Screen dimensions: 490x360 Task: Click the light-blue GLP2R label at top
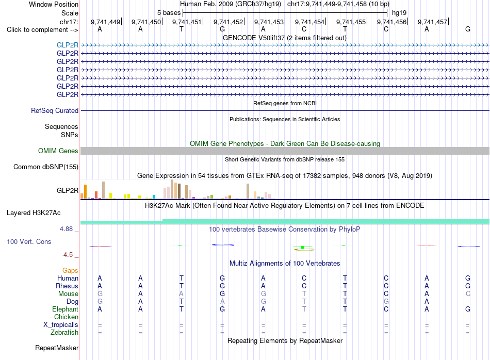coord(68,45)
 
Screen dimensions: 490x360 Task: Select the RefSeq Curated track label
coord(55,110)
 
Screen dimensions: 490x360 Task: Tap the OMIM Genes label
coord(58,151)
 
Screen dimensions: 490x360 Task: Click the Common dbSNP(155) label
coord(46,167)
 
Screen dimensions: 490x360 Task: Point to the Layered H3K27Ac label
coord(34,213)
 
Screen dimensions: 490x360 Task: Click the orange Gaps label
coord(70,270)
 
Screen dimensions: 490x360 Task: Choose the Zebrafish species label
coord(64,333)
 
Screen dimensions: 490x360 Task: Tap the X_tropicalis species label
coord(61,325)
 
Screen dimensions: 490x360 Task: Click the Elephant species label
coord(66,309)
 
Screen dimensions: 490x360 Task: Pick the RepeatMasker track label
coord(57,348)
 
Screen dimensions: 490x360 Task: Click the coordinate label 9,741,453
coord(269,22)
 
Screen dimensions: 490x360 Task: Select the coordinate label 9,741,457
coord(433,22)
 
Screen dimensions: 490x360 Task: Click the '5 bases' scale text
coord(169,13)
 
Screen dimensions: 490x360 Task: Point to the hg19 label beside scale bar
coord(399,13)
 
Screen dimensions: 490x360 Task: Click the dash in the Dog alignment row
coord(468,302)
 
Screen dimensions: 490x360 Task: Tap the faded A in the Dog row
coord(222,301)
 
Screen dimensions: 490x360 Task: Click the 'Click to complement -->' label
coord(42,30)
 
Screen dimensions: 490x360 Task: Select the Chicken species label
coord(66,317)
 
